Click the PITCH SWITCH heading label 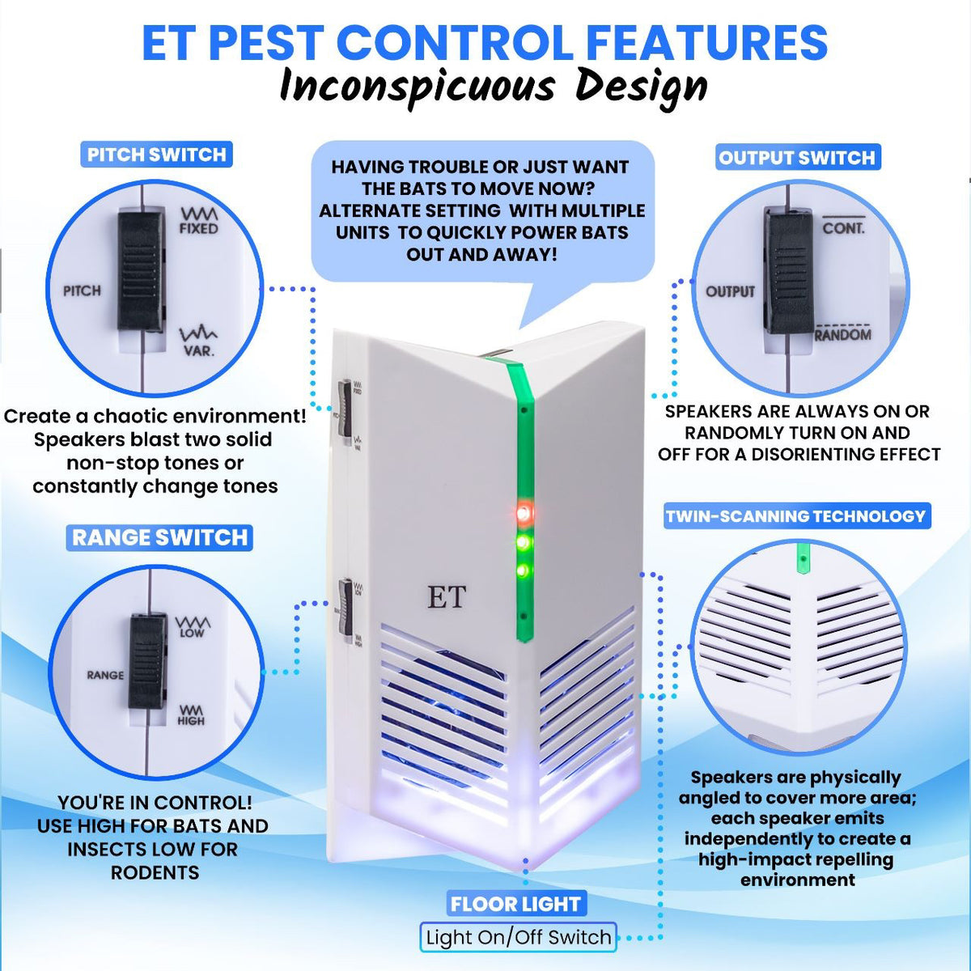click(x=156, y=155)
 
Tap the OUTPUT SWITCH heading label click(x=797, y=158)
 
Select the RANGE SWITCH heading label click(x=159, y=537)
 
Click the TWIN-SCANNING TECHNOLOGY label click(x=795, y=516)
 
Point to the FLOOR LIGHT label click(x=515, y=904)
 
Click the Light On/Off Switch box click(x=518, y=937)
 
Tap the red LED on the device click(x=524, y=513)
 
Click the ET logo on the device click(x=447, y=597)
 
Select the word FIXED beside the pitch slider click(x=198, y=229)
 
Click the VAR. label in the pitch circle click(x=198, y=351)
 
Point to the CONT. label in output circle click(x=843, y=229)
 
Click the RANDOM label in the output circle click(x=842, y=335)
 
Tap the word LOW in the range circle click(x=192, y=634)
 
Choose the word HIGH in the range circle click(x=191, y=720)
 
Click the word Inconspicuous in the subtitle click(x=417, y=87)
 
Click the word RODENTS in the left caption click(x=155, y=872)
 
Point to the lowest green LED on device click(x=523, y=572)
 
